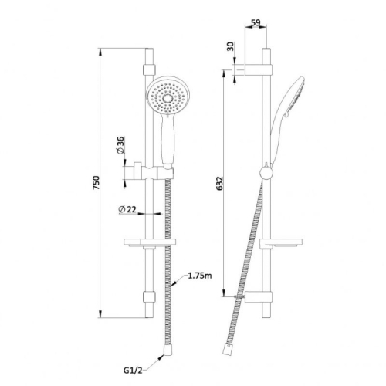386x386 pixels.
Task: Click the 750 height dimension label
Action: point(96,183)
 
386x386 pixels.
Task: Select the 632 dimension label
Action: point(219,183)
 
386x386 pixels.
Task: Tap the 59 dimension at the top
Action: point(256,23)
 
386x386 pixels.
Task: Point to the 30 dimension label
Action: point(231,46)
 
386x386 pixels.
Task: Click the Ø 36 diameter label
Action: point(120,145)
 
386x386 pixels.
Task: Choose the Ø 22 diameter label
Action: point(127,209)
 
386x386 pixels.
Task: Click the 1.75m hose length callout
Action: point(200,276)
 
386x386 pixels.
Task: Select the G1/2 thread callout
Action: point(133,371)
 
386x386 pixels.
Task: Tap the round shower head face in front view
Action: point(168,96)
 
